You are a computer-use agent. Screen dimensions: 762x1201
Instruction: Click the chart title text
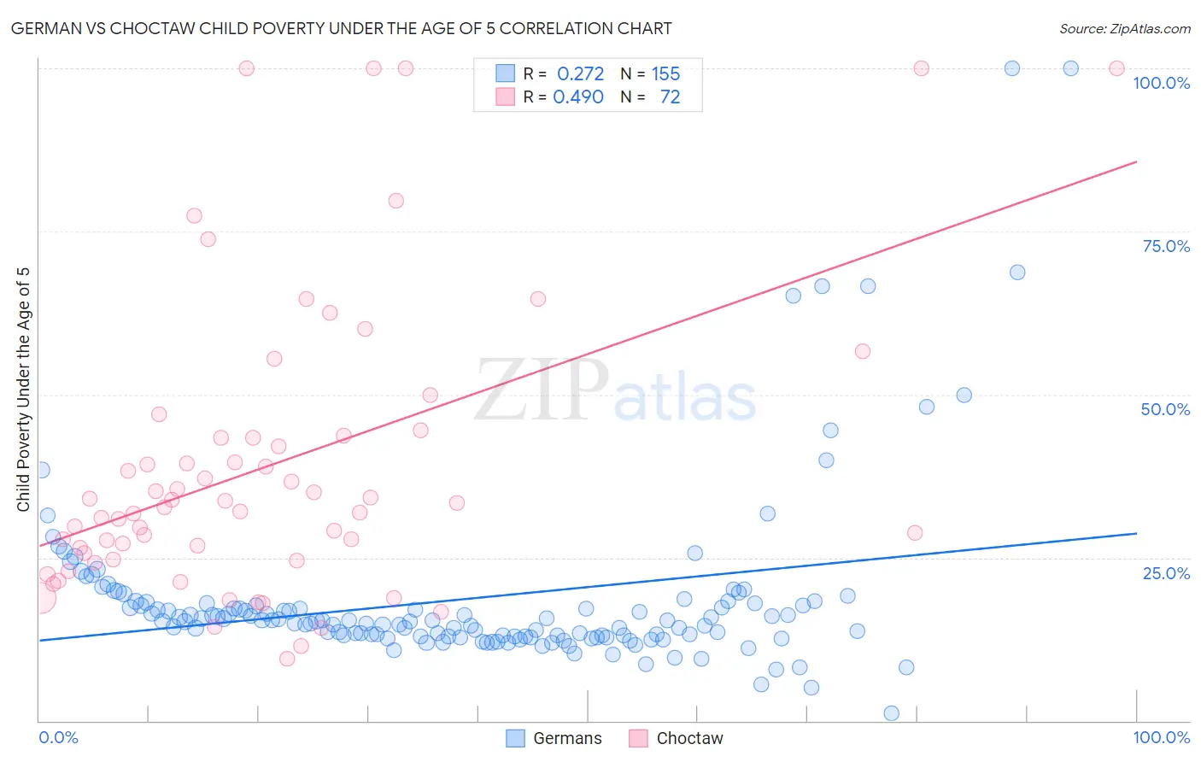tap(341, 28)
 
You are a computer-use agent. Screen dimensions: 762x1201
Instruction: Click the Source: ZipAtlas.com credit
tap(1124, 28)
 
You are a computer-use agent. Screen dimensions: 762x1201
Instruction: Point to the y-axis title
tap(23, 390)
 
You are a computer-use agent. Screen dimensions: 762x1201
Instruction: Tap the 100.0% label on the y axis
tap(1161, 83)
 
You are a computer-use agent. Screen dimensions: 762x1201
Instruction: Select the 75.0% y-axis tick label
tap(1166, 246)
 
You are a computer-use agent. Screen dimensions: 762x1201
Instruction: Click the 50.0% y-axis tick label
tap(1165, 409)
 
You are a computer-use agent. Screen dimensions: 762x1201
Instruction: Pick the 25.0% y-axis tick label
tap(1166, 572)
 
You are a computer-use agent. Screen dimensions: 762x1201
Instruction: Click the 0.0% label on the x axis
tap(58, 737)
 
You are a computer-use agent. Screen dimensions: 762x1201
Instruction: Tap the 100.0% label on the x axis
tap(1161, 737)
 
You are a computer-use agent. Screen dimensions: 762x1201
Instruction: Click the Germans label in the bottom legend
tap(567, 738)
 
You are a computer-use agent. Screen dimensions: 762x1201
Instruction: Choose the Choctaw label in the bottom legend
tap(689, 738)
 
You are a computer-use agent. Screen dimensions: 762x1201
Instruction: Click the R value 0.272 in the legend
tap(580, 73)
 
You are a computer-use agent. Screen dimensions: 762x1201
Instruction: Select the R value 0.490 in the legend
tap(578, 97)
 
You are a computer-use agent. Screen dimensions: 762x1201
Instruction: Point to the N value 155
tap(665, 73)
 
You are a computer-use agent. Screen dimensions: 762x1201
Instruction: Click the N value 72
tap(670, 97)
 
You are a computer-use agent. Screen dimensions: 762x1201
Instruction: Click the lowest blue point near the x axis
tap(891, 713)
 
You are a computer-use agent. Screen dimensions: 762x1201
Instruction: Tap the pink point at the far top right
tap(1116, 68)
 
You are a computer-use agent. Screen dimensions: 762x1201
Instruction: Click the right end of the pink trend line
tap(1136, 161)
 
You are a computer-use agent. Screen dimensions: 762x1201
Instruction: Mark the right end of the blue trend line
tap(1136, 533)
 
